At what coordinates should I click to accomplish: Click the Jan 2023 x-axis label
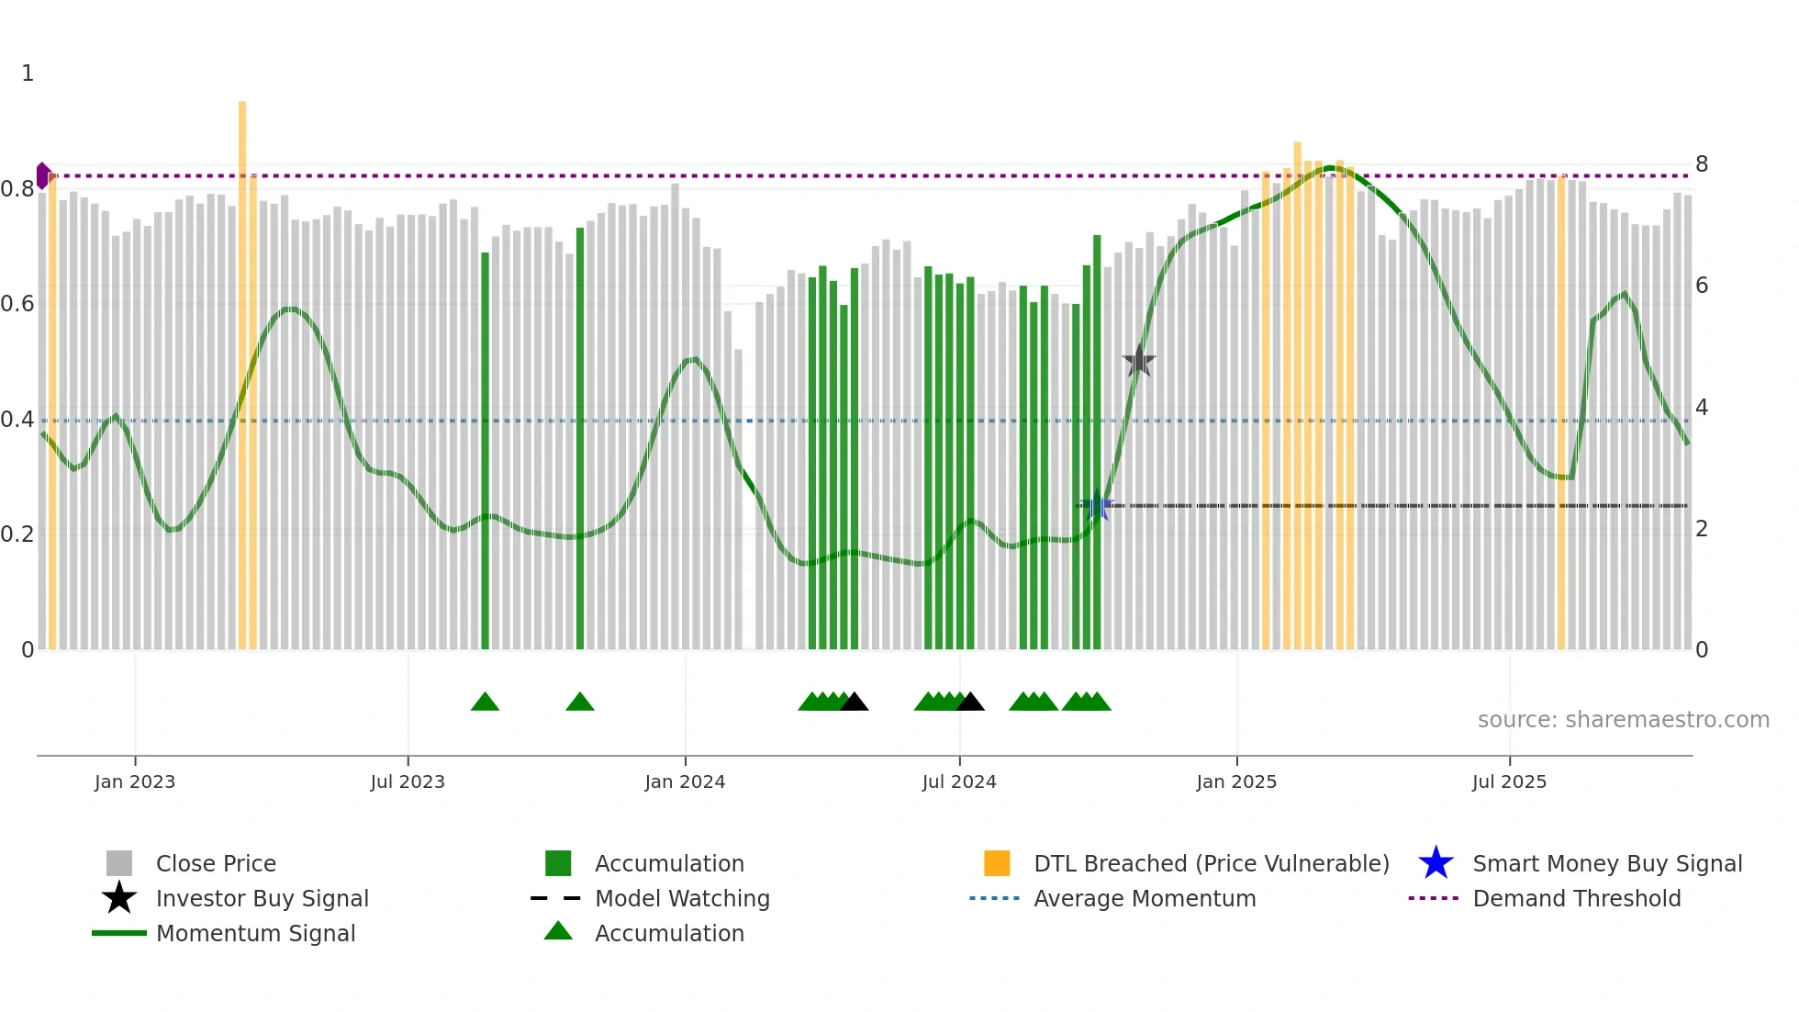tap(135, 782)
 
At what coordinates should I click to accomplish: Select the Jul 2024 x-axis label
tap(959, 782)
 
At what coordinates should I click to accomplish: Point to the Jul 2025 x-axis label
tap(1509, 782)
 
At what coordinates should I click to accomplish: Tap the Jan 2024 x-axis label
tap(685, 782)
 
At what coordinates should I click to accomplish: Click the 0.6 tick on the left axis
tap(17, 304)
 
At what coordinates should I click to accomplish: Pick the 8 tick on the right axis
tap(1702, 164)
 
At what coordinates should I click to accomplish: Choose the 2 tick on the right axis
tap(1702, 529)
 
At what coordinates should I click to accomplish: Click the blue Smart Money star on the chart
tap(1097, 505)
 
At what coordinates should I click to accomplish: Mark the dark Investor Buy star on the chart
tap(1139, 361)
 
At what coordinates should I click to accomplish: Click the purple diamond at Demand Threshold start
tap(43, 175)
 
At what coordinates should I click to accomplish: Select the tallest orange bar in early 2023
tap(242, 367)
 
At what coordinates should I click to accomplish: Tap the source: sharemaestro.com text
tap(1623, 720)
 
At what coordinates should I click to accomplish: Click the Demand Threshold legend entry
tap(1576, 899)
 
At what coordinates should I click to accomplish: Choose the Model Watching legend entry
tap(681, 899)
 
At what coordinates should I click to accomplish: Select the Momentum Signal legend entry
tap(255, 934)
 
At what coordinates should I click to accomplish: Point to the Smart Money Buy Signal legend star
tap(1436, 864)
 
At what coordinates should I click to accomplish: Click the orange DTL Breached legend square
tap(997, 864)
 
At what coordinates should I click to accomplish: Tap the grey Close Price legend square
tap(119, 864)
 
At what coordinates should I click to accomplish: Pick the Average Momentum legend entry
tap(1144, 899)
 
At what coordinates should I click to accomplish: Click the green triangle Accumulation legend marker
tap(558, 932)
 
